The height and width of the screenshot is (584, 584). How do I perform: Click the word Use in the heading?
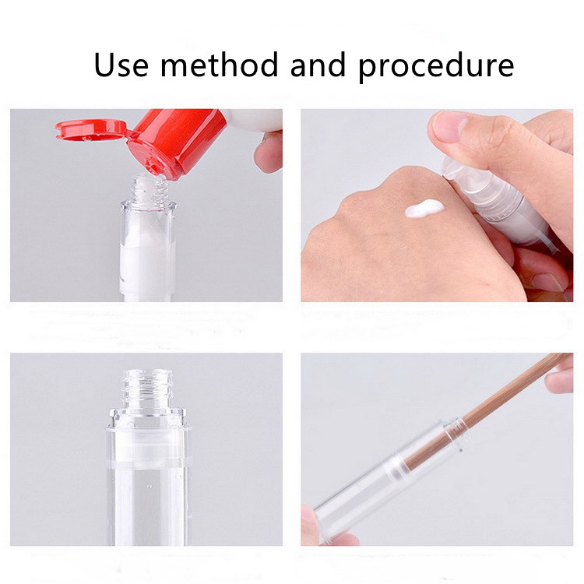click(121, 65)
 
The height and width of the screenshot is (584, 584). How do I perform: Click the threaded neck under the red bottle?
click(146, 188)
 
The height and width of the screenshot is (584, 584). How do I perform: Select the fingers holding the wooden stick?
click(559, 378)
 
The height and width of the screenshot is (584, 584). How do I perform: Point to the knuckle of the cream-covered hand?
click(366, 191)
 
